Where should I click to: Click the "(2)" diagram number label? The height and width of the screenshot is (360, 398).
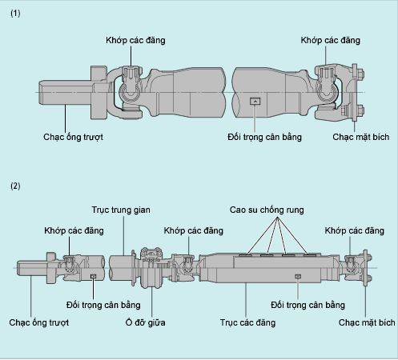pyautogui.click(x=16, y=186)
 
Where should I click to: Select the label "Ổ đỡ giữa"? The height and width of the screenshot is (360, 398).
pyautogui.click(x=151, y=322)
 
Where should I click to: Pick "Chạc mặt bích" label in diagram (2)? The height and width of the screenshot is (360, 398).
pyautogui.click(x=367, y=322)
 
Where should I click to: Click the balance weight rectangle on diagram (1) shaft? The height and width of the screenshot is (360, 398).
pyautogui.click(x=255, y=101)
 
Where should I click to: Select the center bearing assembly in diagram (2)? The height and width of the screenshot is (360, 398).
pyautogui.click(x=150, y=266)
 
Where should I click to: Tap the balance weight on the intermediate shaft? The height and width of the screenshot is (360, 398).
pyautogui.click(x=94, y=277)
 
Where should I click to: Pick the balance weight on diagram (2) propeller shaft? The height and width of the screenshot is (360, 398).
pyautogui.click(x=298, y=278)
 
